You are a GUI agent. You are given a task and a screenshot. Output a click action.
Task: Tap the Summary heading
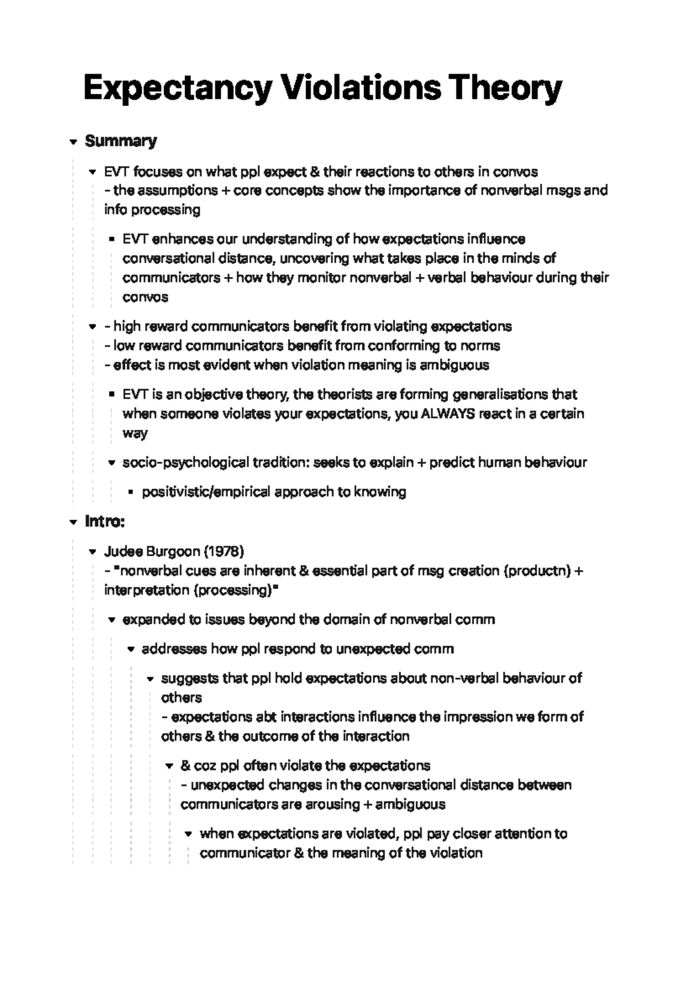121,141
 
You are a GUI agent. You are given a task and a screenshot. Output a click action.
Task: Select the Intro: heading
105,521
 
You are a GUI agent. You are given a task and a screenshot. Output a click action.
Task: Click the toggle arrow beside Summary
73,142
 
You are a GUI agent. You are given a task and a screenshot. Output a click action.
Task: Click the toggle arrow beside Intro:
73,522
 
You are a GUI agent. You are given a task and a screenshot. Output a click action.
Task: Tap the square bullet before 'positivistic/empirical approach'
130,493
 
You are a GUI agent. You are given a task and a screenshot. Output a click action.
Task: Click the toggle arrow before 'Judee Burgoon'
92,551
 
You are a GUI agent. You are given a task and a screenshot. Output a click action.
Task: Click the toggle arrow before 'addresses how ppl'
131,649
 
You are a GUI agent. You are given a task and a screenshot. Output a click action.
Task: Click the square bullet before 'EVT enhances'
111,239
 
